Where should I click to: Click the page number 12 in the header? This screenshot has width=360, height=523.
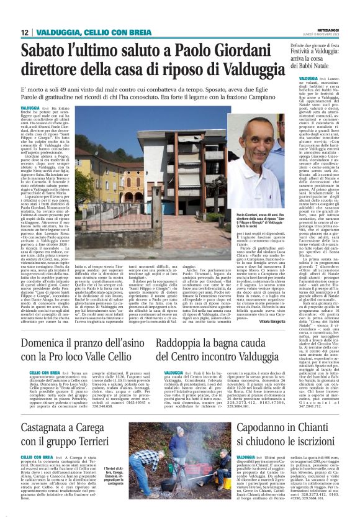[x=25, y=33]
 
